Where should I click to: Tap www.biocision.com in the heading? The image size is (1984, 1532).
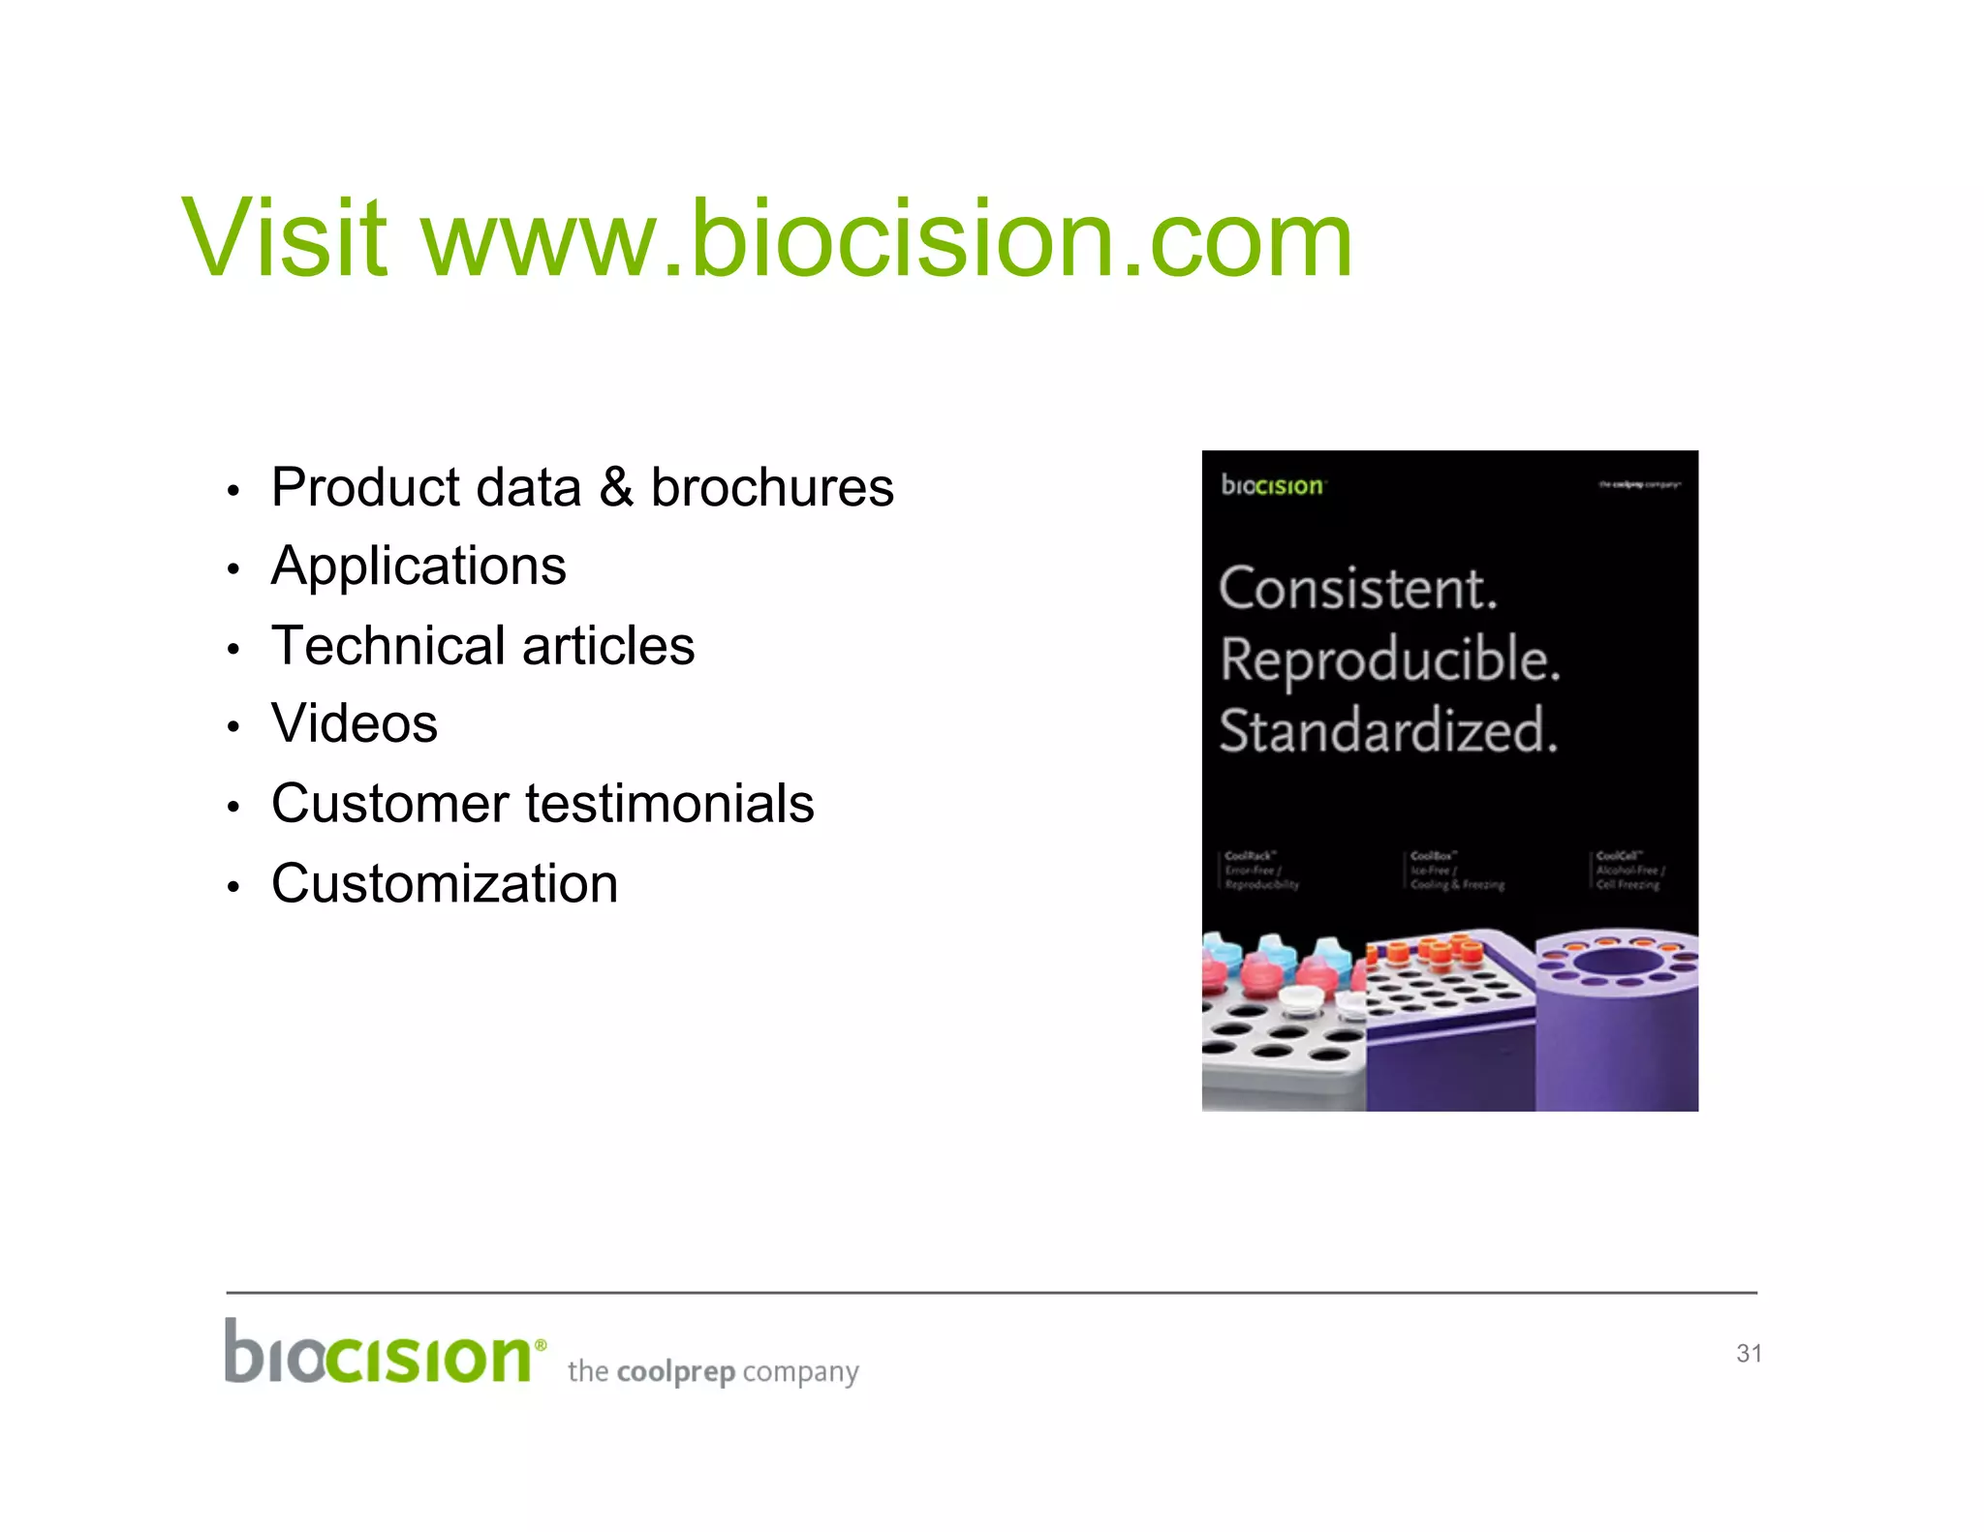[886, 237]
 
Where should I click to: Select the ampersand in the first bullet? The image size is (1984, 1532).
[615, 487]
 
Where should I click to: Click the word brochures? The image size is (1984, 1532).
[772, 487]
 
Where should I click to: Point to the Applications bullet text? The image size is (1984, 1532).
[418, 567]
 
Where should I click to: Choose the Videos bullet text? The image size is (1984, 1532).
[355, 723]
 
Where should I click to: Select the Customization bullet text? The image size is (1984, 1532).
[445, 883]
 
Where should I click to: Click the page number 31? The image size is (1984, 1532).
[1749, 1353]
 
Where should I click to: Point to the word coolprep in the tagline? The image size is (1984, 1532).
[675, 1371]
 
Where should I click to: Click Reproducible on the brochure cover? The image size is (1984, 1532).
[1390, 660]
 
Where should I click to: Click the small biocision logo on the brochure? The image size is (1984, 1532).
[1272, 485]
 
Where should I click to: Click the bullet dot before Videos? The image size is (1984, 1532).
[232, 725]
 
